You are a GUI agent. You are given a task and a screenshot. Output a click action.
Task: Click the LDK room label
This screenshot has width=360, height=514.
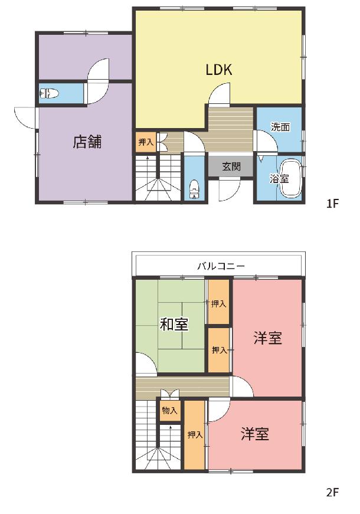[x=219, y=70]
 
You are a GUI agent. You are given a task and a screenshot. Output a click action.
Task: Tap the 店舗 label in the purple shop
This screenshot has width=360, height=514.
[x=87, y=142]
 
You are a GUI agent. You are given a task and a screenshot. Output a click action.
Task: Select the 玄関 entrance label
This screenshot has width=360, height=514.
[x=231, y=166]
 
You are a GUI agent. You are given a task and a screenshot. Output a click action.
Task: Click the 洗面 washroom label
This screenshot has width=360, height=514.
[x=280, y=127]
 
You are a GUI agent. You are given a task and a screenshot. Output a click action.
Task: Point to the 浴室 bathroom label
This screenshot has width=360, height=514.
[x=279, y=179]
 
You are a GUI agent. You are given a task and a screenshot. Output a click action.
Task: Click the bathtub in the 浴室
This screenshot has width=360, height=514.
[x=291, y=178]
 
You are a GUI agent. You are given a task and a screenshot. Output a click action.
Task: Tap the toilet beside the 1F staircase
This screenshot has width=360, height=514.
[x=194, y=189]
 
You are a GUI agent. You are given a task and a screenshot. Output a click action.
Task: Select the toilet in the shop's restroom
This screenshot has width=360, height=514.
[x=49, y=94]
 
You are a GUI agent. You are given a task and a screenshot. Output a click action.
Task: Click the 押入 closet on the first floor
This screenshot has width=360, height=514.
[x=146, y=142]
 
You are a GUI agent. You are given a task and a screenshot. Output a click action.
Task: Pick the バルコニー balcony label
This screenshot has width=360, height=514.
[x=221, y=266]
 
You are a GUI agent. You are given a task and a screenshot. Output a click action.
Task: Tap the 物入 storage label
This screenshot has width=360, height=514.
[x=169, y=410]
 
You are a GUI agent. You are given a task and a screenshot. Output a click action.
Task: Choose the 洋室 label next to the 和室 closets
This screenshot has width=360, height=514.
[x=267, y=338]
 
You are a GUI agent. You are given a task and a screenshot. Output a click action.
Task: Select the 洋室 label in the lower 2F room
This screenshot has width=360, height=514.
[x=255, y=434]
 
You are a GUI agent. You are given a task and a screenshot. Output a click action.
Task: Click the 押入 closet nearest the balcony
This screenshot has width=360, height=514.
[x=218, y=303]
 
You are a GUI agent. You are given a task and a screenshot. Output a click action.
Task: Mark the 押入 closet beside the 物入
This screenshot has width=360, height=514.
[x=195, y=435]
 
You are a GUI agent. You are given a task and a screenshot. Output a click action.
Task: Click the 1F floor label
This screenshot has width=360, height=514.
[x=332, y=204]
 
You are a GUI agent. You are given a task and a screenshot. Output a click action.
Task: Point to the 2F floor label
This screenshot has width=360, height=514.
[x=332, y=492]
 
